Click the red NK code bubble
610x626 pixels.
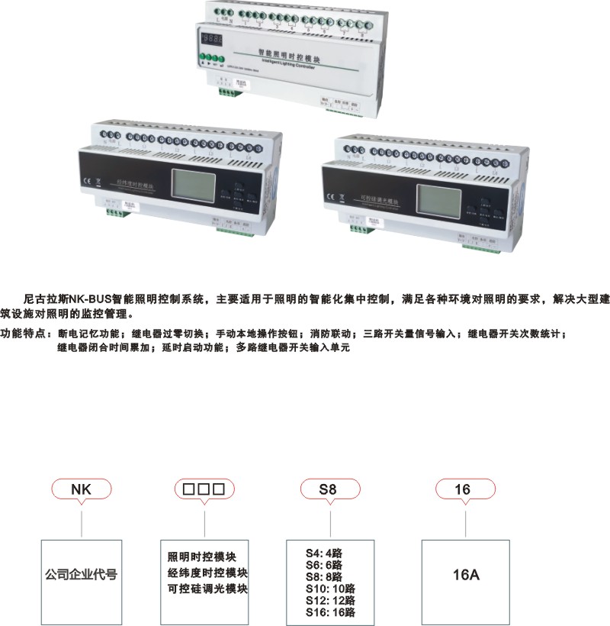(81, 489)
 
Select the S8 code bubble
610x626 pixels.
(329, 489)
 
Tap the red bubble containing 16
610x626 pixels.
(464, 489)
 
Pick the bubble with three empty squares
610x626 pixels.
(204, 489)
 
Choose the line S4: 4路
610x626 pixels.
(324, 552)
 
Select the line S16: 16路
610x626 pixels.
(330, 611)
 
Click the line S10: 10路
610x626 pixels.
(330, 588)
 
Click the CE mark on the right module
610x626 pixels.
(332, 196)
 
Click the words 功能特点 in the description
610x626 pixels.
(22, 334)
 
